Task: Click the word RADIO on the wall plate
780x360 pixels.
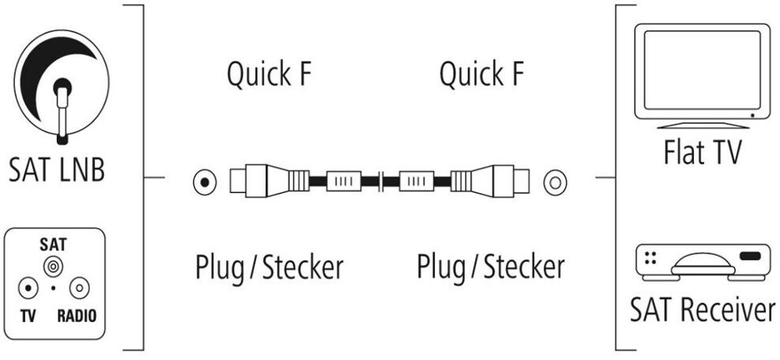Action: tap(77, 317)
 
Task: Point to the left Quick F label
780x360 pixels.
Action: tap(269, 75)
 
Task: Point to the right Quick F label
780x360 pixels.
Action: tap(481, 75)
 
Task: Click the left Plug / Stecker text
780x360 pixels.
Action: tap(269, 267)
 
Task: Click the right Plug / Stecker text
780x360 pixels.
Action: tap(491, 267)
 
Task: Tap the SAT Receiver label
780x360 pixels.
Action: tap(703, 311)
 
